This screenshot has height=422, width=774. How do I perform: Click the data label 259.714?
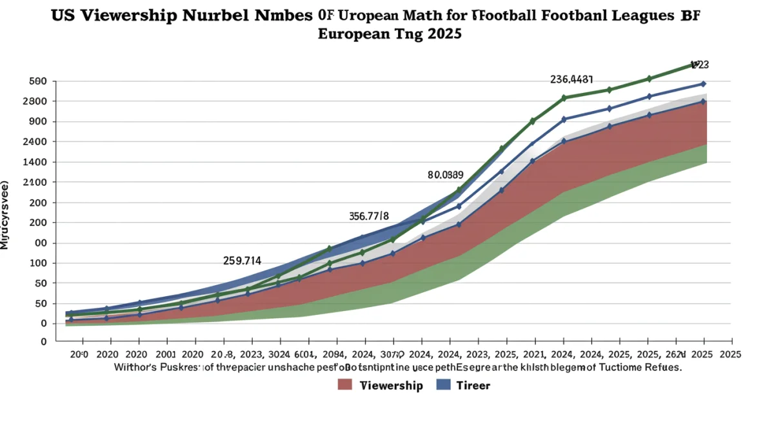(242, 261)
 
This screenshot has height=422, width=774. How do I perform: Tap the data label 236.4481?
(571, 79)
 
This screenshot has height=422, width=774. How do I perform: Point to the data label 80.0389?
(446, 175)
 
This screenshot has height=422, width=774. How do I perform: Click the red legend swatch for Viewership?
(345, 385)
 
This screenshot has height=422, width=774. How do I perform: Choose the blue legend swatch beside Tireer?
(443, 385)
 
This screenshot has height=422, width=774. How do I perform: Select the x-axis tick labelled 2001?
(164, 354)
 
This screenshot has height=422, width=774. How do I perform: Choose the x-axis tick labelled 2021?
(533, 354)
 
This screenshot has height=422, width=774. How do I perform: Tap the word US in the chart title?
(63, 16)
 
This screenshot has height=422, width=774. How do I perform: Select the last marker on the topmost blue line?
(703, 84)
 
